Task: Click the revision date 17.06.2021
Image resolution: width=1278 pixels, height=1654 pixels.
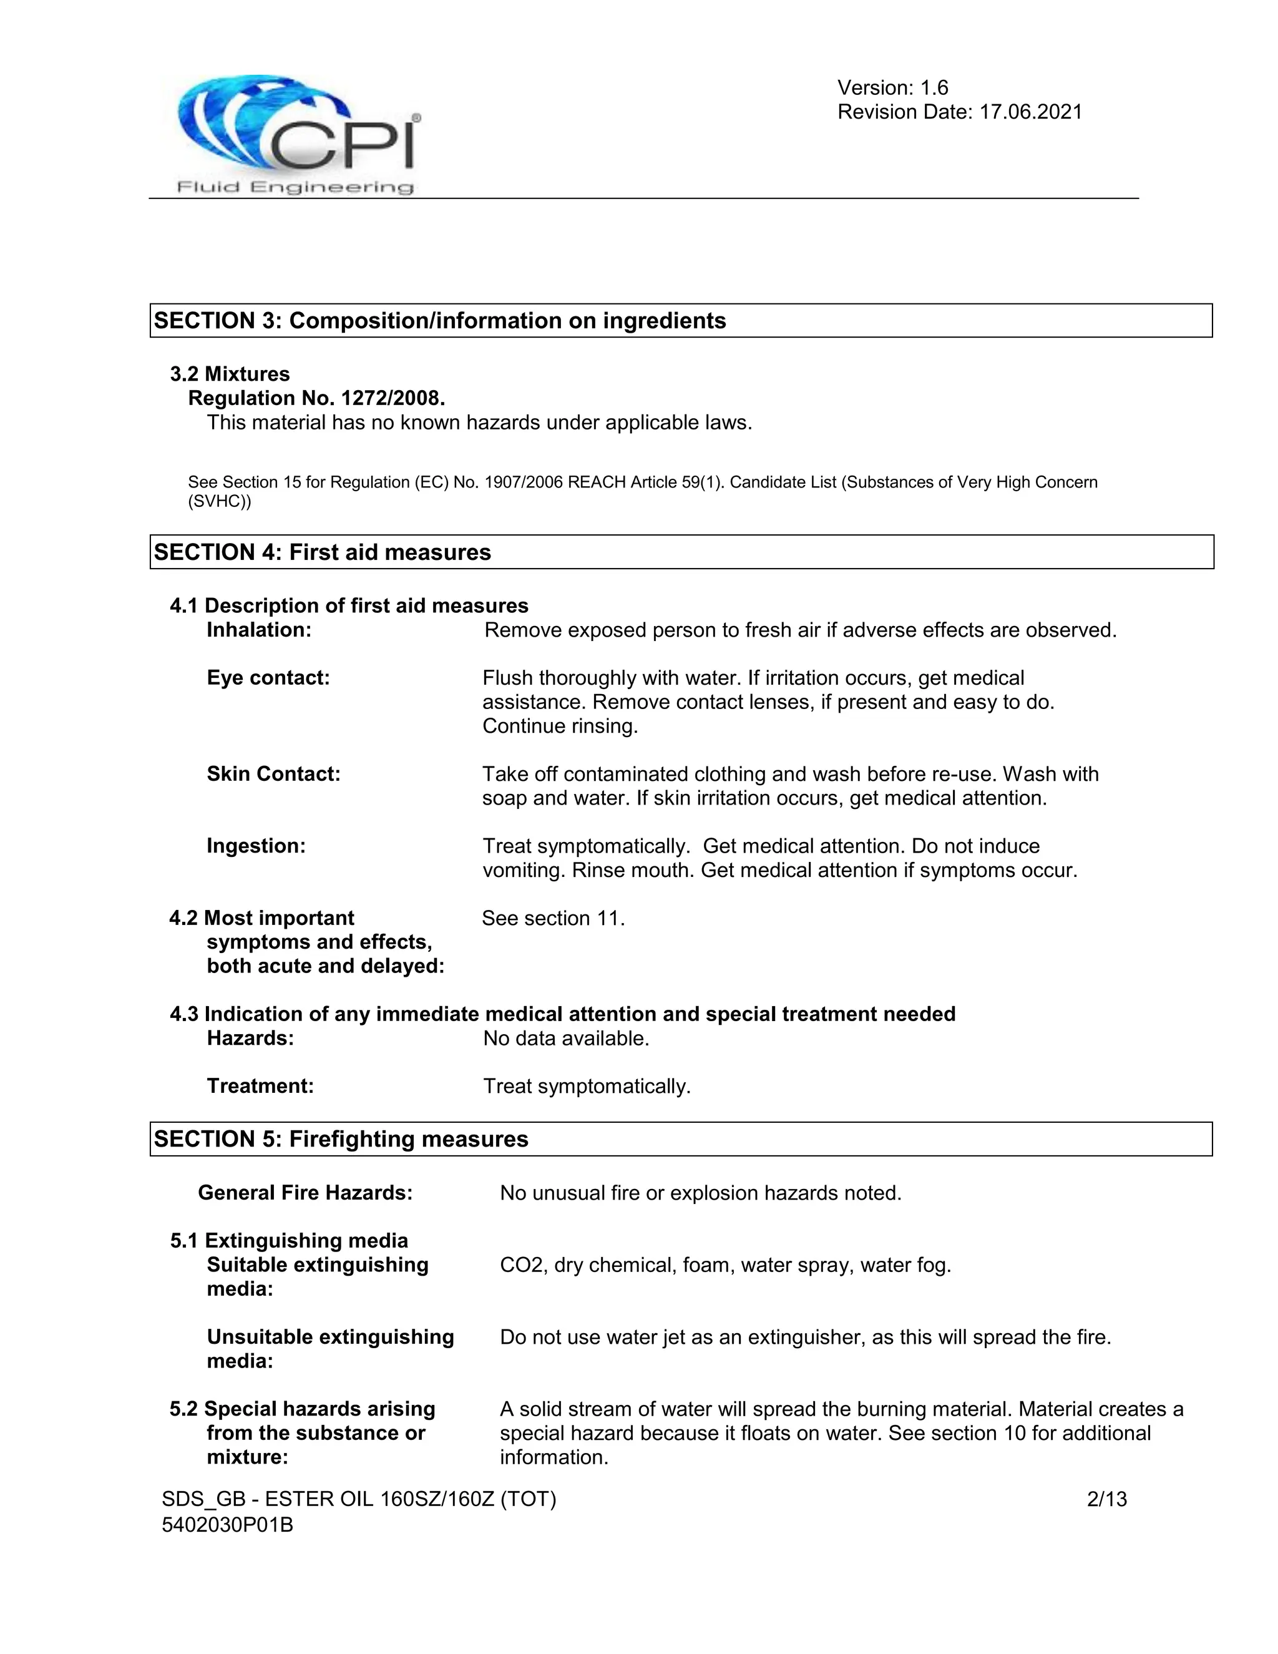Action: (x=1030, y=112)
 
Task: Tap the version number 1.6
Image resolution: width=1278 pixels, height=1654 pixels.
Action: (x=934, y=88)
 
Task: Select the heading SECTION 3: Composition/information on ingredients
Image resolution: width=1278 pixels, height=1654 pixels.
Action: (x=440, y=320)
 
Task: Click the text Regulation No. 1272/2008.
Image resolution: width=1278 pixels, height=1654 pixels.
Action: (x=316, y=398)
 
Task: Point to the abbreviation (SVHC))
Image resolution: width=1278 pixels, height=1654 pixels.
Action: (x=220, y=501)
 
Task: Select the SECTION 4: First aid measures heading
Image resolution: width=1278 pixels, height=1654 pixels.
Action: (x=323, y=552)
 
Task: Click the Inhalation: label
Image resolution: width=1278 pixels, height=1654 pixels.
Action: (x=259, y=630)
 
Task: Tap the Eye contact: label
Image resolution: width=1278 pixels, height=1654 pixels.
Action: (x=268, y=678)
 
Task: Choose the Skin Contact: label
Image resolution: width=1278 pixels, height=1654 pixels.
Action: (x=273, y=774)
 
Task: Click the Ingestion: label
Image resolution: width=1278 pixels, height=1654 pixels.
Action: (x=256, y=846)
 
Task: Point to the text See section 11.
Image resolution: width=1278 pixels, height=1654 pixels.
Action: (x=554, y=918)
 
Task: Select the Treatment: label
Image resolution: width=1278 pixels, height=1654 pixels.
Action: (x=260, y=1086)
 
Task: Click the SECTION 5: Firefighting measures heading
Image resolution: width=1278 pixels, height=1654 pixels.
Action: (x=341, y=1139)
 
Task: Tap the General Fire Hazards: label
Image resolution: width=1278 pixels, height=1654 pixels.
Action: (x=305, y=1193)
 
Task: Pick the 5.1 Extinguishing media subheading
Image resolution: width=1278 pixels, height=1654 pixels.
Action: (x=288, y=1241)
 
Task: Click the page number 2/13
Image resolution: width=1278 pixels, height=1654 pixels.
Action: (x=1106, y=1499)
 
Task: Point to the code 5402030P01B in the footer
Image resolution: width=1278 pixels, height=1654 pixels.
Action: (x=227, y=1524)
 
